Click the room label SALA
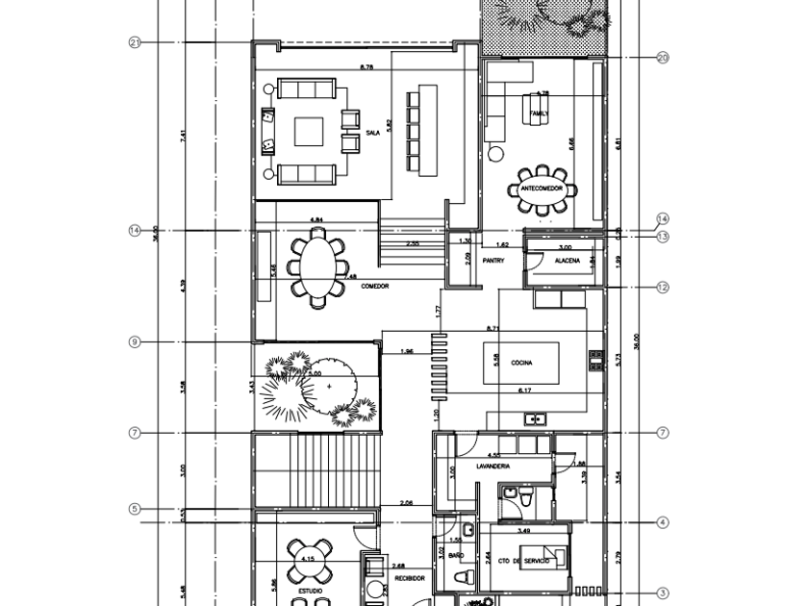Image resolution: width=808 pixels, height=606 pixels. (373, 134)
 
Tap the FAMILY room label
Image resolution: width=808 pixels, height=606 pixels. (540, 114)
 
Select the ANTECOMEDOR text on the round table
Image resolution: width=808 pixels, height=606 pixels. (542, 189)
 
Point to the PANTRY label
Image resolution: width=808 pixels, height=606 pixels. (494, 260)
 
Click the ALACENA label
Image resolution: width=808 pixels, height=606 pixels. (567, 260)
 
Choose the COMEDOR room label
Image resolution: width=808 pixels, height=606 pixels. (375, 287)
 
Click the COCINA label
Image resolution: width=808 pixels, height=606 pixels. (522, 363)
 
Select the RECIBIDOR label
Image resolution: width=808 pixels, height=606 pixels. (409, 580)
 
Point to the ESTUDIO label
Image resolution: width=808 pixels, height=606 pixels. (310, 591)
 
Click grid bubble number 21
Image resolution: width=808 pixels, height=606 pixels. (135, 42)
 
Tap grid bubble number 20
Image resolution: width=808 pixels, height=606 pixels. (663, 58)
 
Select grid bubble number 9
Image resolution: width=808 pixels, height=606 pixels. (135, 341)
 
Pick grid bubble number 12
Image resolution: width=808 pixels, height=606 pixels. (663, 287)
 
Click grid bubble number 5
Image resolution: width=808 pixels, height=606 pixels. (135, 509)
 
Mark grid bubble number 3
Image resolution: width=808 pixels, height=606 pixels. (663, 593)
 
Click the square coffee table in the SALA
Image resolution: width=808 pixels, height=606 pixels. (308, 131)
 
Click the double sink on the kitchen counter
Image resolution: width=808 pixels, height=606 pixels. (536, 418)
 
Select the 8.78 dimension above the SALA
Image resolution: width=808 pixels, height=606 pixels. (366, 67)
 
